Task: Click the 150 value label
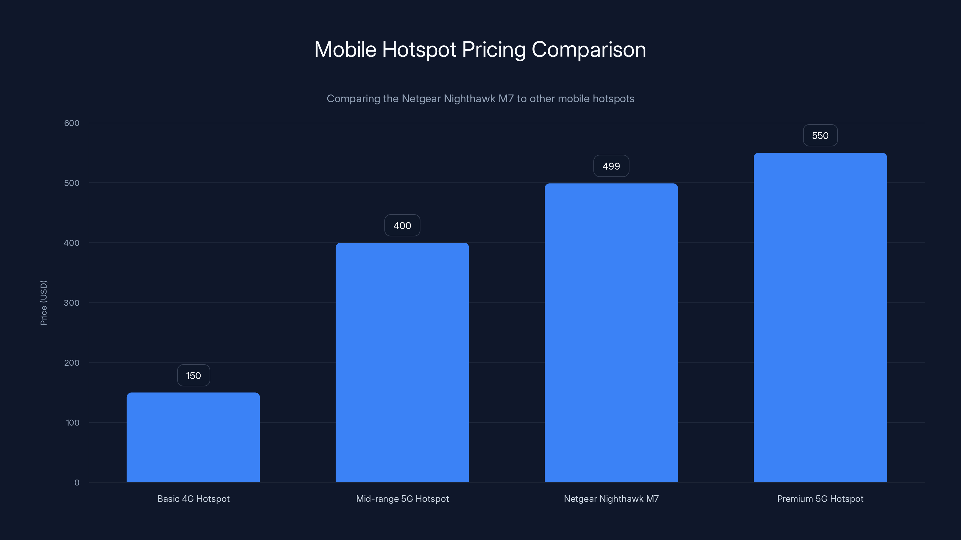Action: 193,375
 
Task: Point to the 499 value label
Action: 611,166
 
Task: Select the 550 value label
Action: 820,135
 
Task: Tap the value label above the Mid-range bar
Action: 402,226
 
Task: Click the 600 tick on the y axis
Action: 72,123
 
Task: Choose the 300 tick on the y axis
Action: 72,303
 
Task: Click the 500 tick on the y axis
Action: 72,183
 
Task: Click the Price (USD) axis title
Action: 44,303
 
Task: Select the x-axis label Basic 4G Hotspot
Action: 193,499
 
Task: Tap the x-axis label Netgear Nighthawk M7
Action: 611,499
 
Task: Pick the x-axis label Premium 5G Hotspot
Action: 820,499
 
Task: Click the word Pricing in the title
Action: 493,49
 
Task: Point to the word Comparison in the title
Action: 589,49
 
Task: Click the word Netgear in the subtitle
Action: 421,99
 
